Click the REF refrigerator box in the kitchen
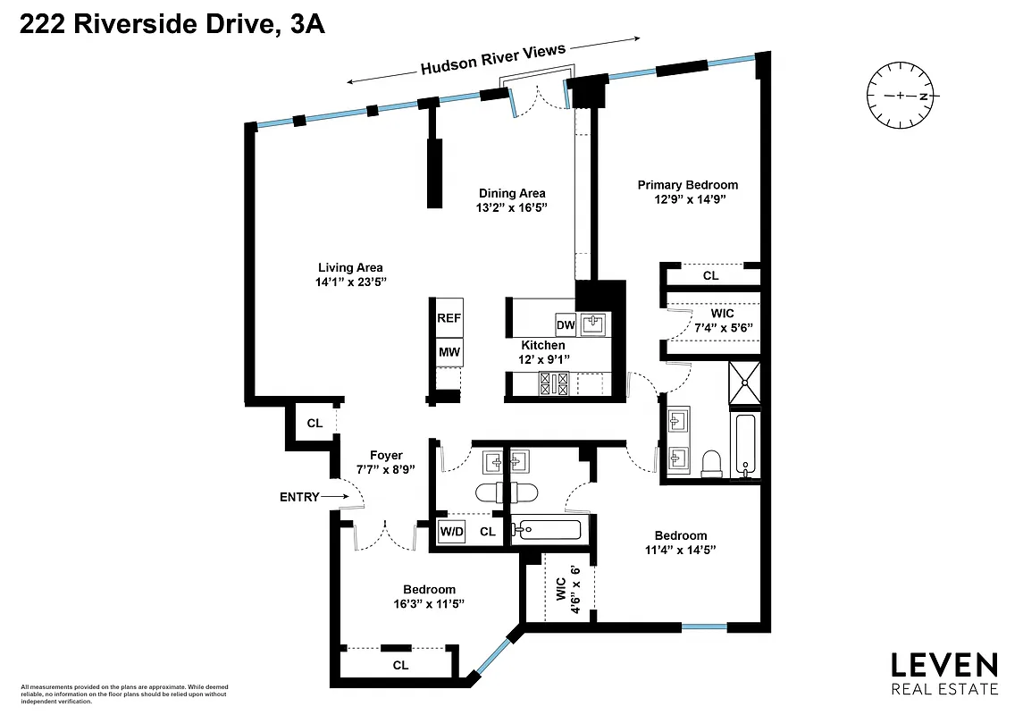pyautogui.click(x=449, y=318)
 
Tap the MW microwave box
pyautogui.click(x=449, y=352)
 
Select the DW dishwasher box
pyautogui.click(x=565, y=324)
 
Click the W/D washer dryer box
pyautogui.click(x=452, y=532)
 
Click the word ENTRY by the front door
pyautogui.click(x=299, y=497)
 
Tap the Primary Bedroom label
pyautogui.click(x=687, y=185)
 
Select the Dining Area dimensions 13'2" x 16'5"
pyautogui.click(x=512, y=207)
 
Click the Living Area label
pyautogui.click(x=350, y=267)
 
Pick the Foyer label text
pyautogui.click(x=386, y=455)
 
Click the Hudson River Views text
pyautogui.click(x=493, y=60)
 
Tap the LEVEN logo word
pyautogui.click(x=944, y=665)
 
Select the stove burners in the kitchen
pyautogui.click(x=554, y=383)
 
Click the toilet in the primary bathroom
pyautogui.click(x=712, y=461)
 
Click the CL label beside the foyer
pyautogui.click(x=314, y=423)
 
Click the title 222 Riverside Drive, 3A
pyautogui.click(x=172, y=26)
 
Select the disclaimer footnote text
pyautogui.click(x=124, y=694)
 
